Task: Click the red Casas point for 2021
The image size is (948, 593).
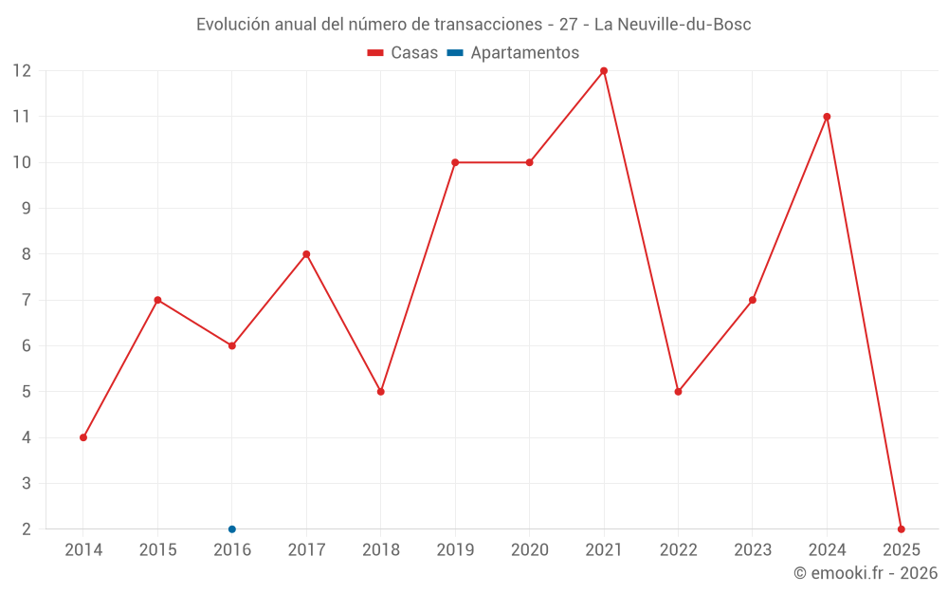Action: click(x=604, y=71)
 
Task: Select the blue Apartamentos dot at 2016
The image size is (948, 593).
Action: click(x=232, y=529)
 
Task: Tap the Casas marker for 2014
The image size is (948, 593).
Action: click(x=83, y=437)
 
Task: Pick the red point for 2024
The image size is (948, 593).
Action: click(x=827, y=117)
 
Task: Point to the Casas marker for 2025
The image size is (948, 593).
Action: click(x=901, y=529)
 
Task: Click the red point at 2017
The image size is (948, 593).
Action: click(x=306, y=254)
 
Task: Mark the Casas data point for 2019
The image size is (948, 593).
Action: click(x=455, y=162)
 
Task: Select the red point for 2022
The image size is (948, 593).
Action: click(x=678, y=392)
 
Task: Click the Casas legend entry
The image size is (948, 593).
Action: click(x=403, y=53)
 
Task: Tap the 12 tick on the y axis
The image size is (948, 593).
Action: click(x=22, y=71)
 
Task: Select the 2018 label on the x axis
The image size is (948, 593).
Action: click(x=380, y=550)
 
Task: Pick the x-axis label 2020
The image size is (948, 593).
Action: click(x=529, y=550)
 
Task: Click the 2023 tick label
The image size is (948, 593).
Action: click(x=753, y=550)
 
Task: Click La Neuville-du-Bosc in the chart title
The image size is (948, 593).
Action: click(x=672, y=25)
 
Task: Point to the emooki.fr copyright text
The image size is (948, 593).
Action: click(x=866, y=573)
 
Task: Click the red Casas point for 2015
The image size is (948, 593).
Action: click(x=157, y=300)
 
